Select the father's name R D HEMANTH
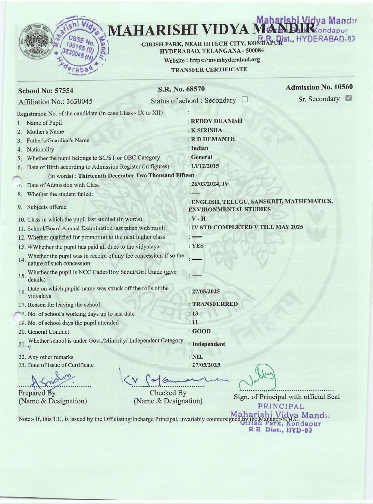point(213,139)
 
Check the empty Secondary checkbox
point(245,100)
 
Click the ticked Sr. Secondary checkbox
point(349,98)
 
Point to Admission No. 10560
point(319,87)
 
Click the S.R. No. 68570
point(181,89)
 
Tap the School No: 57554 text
point(46,90)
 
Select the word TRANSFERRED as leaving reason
point(215,304)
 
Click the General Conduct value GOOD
point(201,332)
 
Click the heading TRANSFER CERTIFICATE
point(209,69)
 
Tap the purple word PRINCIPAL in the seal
point(281,407)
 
